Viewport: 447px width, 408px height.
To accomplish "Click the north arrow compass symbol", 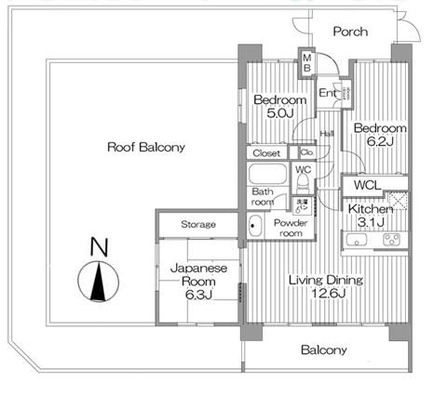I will click(x=97, y=282).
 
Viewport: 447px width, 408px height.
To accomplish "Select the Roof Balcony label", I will click(x=145, y=147).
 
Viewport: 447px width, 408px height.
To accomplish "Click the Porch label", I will click(x=351, y=32).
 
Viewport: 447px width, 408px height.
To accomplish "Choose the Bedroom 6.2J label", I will click(x=379, y=135).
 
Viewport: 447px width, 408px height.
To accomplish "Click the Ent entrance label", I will click(x=328, y=93).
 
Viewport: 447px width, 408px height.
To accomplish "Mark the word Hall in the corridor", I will click(x=328, y=135).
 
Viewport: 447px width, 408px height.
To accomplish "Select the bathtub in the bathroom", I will click(x=269, y=175).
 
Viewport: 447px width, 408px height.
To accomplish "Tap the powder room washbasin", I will click(x=254, y=224).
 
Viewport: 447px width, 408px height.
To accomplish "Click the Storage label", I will click(x=197, y=225).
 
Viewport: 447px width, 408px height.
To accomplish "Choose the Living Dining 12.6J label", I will click(x=325, y=287).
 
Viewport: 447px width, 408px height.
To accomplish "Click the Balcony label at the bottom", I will click(x=324, y=350).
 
